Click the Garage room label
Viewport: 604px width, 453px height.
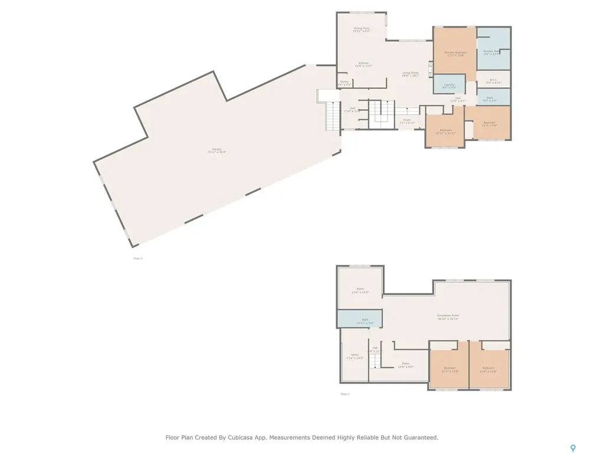pyautogui.click(x=216, y=150)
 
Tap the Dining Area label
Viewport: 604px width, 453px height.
pyautogui.click(x=361, y=28)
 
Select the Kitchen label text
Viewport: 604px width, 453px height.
pyautogui.click(x=363, y=64)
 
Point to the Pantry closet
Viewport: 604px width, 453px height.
pyautogui.click(x=344, y=83)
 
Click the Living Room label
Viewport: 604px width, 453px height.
pyautogui.click(x=411, y=74)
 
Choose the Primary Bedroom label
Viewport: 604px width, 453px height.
pyautogui.click(x=454, y=53)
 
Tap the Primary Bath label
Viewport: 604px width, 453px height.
pyautogui.click(x=491, y=52)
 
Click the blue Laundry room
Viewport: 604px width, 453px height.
pyautogui.click(x=449, y=86)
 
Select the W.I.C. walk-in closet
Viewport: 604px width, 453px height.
pyautogui.click(x=493, y=81)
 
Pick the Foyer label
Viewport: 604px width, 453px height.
pyautogui.click(x=407, y=121)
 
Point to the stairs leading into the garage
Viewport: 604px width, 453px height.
pyautogui.click(x=334, y=116)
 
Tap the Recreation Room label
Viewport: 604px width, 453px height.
pyautogui.click(x=448, y=316)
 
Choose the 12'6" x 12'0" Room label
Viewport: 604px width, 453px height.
pyautogui.click(x=360, y=290)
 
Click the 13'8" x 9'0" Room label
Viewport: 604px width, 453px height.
pyautogui.click(x=405, y=365)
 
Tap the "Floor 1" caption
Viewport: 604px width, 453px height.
pyautogui.click(x=345, y=393)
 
